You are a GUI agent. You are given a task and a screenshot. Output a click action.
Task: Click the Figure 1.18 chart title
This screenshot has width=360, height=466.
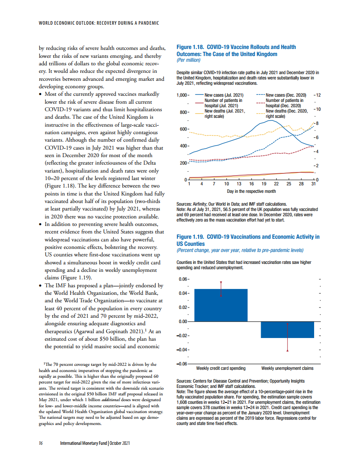236,50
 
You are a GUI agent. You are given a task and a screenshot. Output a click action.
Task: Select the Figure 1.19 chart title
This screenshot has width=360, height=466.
247,240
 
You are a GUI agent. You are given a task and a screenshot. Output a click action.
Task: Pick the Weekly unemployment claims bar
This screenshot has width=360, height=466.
287,330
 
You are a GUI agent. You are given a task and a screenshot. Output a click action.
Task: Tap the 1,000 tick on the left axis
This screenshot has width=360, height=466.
182,95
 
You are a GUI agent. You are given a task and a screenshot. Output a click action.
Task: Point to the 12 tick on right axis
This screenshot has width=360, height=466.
317,95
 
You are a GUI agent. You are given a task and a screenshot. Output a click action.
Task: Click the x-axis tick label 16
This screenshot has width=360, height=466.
251,184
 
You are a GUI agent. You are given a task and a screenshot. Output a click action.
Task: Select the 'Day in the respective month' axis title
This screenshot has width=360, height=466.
251,191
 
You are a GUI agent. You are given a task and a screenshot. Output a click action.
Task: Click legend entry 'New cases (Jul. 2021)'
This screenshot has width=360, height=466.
224,95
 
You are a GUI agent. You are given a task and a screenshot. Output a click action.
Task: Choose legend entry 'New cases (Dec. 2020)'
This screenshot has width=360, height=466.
286,95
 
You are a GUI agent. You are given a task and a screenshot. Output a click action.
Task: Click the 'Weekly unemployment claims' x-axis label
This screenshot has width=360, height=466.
287,368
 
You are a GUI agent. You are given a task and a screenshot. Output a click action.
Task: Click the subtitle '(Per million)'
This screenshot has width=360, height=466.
188,60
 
